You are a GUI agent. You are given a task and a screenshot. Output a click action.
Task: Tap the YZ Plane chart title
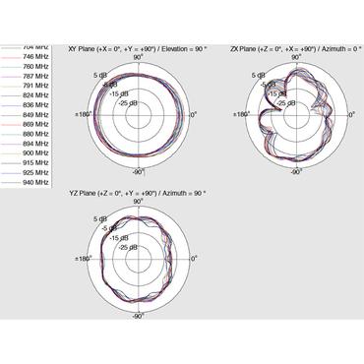[138, 193]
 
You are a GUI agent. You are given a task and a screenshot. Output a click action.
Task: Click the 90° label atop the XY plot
[140, 58]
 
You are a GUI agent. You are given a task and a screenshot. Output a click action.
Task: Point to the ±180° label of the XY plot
[85, 115]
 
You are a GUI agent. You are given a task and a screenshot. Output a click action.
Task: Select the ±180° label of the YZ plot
[85, 260]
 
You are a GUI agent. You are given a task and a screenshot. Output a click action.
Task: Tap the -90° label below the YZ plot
[139, 316]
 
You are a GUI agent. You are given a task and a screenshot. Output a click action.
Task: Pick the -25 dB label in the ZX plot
[286, 102]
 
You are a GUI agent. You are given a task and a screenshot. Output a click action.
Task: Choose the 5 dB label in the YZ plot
[100, 219]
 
